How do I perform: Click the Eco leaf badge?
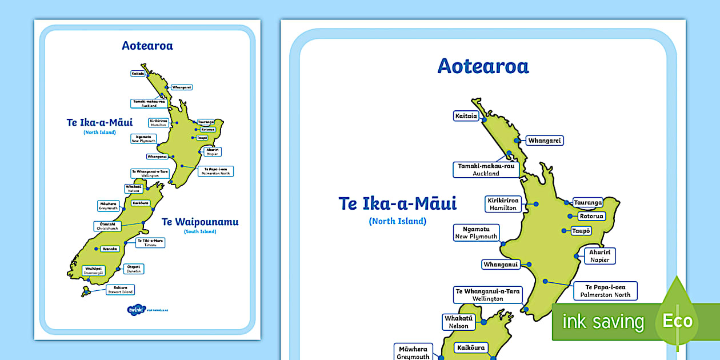(677, 321)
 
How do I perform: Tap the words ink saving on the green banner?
(603, 322)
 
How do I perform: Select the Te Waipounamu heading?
(200, 222)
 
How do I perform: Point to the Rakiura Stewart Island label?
(120, 290)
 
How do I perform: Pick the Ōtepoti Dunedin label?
(134, 269)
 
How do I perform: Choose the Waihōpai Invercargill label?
(94, 270)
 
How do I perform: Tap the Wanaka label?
(109, 249)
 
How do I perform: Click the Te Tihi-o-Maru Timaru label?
(150, 243)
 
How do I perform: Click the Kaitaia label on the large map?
(466, 116)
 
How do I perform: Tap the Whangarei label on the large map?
(545, 141)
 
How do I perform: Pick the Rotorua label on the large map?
(591, 216)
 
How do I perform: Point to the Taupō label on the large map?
(581, 231)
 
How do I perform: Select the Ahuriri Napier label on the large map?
(600, 255)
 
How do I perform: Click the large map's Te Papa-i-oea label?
(605, 291)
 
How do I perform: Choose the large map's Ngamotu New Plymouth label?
(476, 233)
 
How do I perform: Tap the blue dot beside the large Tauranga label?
(566, 202)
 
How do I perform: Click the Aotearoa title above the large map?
(483, 66)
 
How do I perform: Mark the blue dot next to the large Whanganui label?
(529, 265)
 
